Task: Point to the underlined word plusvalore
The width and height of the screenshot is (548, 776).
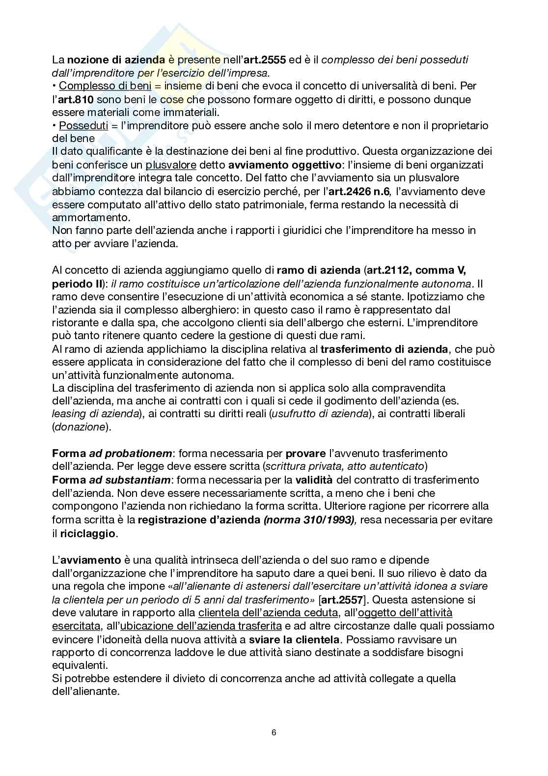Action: click(171, 164)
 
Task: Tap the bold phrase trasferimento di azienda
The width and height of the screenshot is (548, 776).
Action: click(384, 349)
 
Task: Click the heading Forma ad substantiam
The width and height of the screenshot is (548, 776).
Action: click(111, 480)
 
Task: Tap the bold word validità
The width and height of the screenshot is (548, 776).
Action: click(314, 480)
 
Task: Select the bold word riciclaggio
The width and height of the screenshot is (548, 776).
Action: click(88, 533)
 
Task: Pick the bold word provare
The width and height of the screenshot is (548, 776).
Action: click(305, 453)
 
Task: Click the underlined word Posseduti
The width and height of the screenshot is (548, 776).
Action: click(83, 125)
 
